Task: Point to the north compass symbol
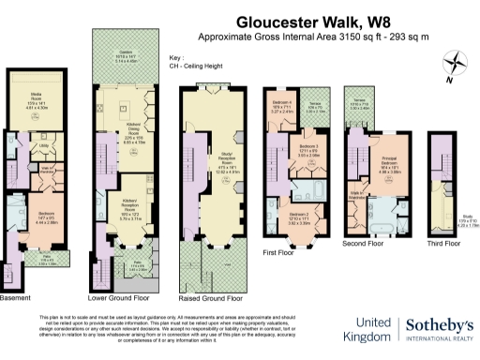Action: coord(457,64)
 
